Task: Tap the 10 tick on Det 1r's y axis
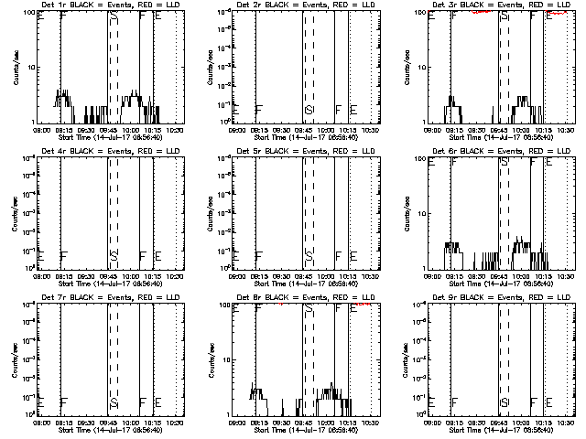[28, 67]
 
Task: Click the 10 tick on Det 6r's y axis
[419, 213]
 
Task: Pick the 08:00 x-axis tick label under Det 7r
[40, 423]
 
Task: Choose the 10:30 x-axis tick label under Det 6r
[564, 277]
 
